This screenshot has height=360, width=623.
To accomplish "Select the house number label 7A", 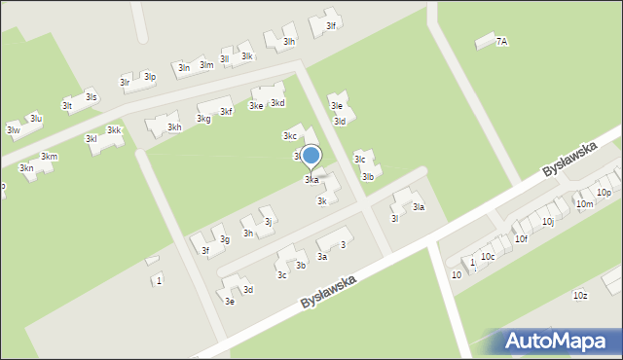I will point(501,42).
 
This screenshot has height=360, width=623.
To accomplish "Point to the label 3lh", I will point(289,42).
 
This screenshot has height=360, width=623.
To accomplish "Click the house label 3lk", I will point(247,56).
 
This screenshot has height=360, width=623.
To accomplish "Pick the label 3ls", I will point(91,97).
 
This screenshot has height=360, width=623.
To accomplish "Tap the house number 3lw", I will point(13,129).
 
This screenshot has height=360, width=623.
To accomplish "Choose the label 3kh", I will point(174,127).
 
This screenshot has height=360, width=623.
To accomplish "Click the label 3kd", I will point(277,103).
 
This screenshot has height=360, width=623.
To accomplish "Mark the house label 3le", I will point(336,105).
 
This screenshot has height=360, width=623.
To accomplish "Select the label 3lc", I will point(359,160).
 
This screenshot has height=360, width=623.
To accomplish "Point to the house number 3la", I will point(419,207).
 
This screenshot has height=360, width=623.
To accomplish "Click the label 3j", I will point(268,223).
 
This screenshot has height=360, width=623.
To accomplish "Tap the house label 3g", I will point(224,239).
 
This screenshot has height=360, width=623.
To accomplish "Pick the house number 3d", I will point(248,289).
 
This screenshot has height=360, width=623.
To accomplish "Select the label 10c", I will point(488,256).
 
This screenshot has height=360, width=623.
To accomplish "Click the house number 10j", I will point(548,222).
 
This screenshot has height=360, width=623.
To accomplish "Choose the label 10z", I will point(580,295).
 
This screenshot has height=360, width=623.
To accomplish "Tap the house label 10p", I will point(605,193).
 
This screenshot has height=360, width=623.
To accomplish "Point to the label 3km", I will point(49,157).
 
